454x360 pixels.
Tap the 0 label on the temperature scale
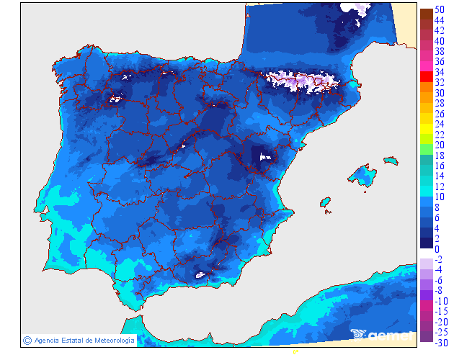tap(437, 248)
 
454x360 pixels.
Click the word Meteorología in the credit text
tap(111, 340)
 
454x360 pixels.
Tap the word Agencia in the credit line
tap(48, 340)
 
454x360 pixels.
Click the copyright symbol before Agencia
tap(27, 340)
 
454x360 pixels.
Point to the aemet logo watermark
tap(381, 334)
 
